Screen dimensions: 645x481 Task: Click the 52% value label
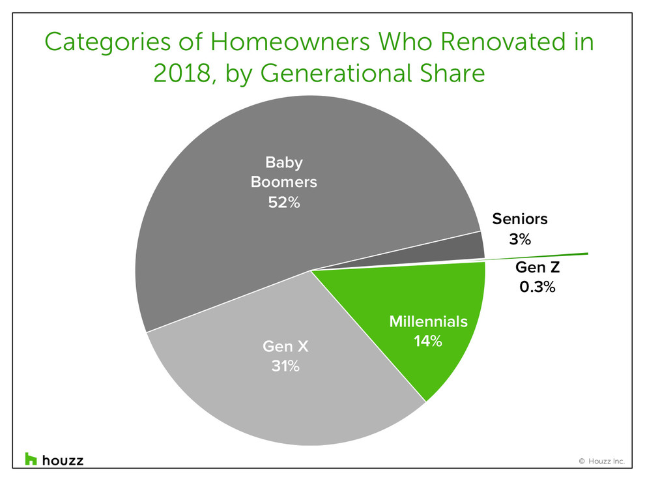(x=284, y=203)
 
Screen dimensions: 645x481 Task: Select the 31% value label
(x=285, y=366)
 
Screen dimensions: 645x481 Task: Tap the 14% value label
(x=428, y=341)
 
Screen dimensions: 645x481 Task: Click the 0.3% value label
(x=537, y=287)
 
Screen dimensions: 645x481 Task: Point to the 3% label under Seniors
(x=520, y=239)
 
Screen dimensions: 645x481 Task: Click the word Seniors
(x=520, y=219)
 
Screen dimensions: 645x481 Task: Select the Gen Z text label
(x=537, y=267)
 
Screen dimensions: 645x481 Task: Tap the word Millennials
(x=428, y=321)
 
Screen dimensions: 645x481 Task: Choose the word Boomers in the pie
(x=284, y=182)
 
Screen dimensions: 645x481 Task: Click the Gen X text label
(x=285, y=346)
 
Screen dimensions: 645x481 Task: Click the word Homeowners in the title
(x=290, y=42)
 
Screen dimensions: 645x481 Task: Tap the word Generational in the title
(x=336, y=74)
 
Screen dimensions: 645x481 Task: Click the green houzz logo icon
(x=31, y=459)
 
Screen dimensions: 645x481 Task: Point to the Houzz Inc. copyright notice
(x=602, y=461)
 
